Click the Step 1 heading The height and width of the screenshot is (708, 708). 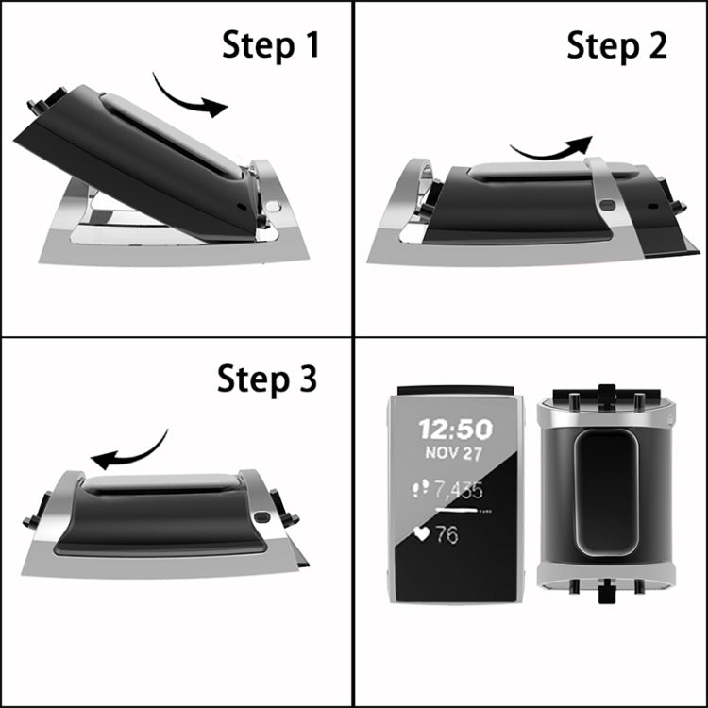point(271,44)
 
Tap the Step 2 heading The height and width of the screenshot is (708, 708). point(616,44)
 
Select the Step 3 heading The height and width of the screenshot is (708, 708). point(267,379)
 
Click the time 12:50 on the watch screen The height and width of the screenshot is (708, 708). point(456,430)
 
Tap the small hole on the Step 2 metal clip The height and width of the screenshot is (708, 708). point(606,204)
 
